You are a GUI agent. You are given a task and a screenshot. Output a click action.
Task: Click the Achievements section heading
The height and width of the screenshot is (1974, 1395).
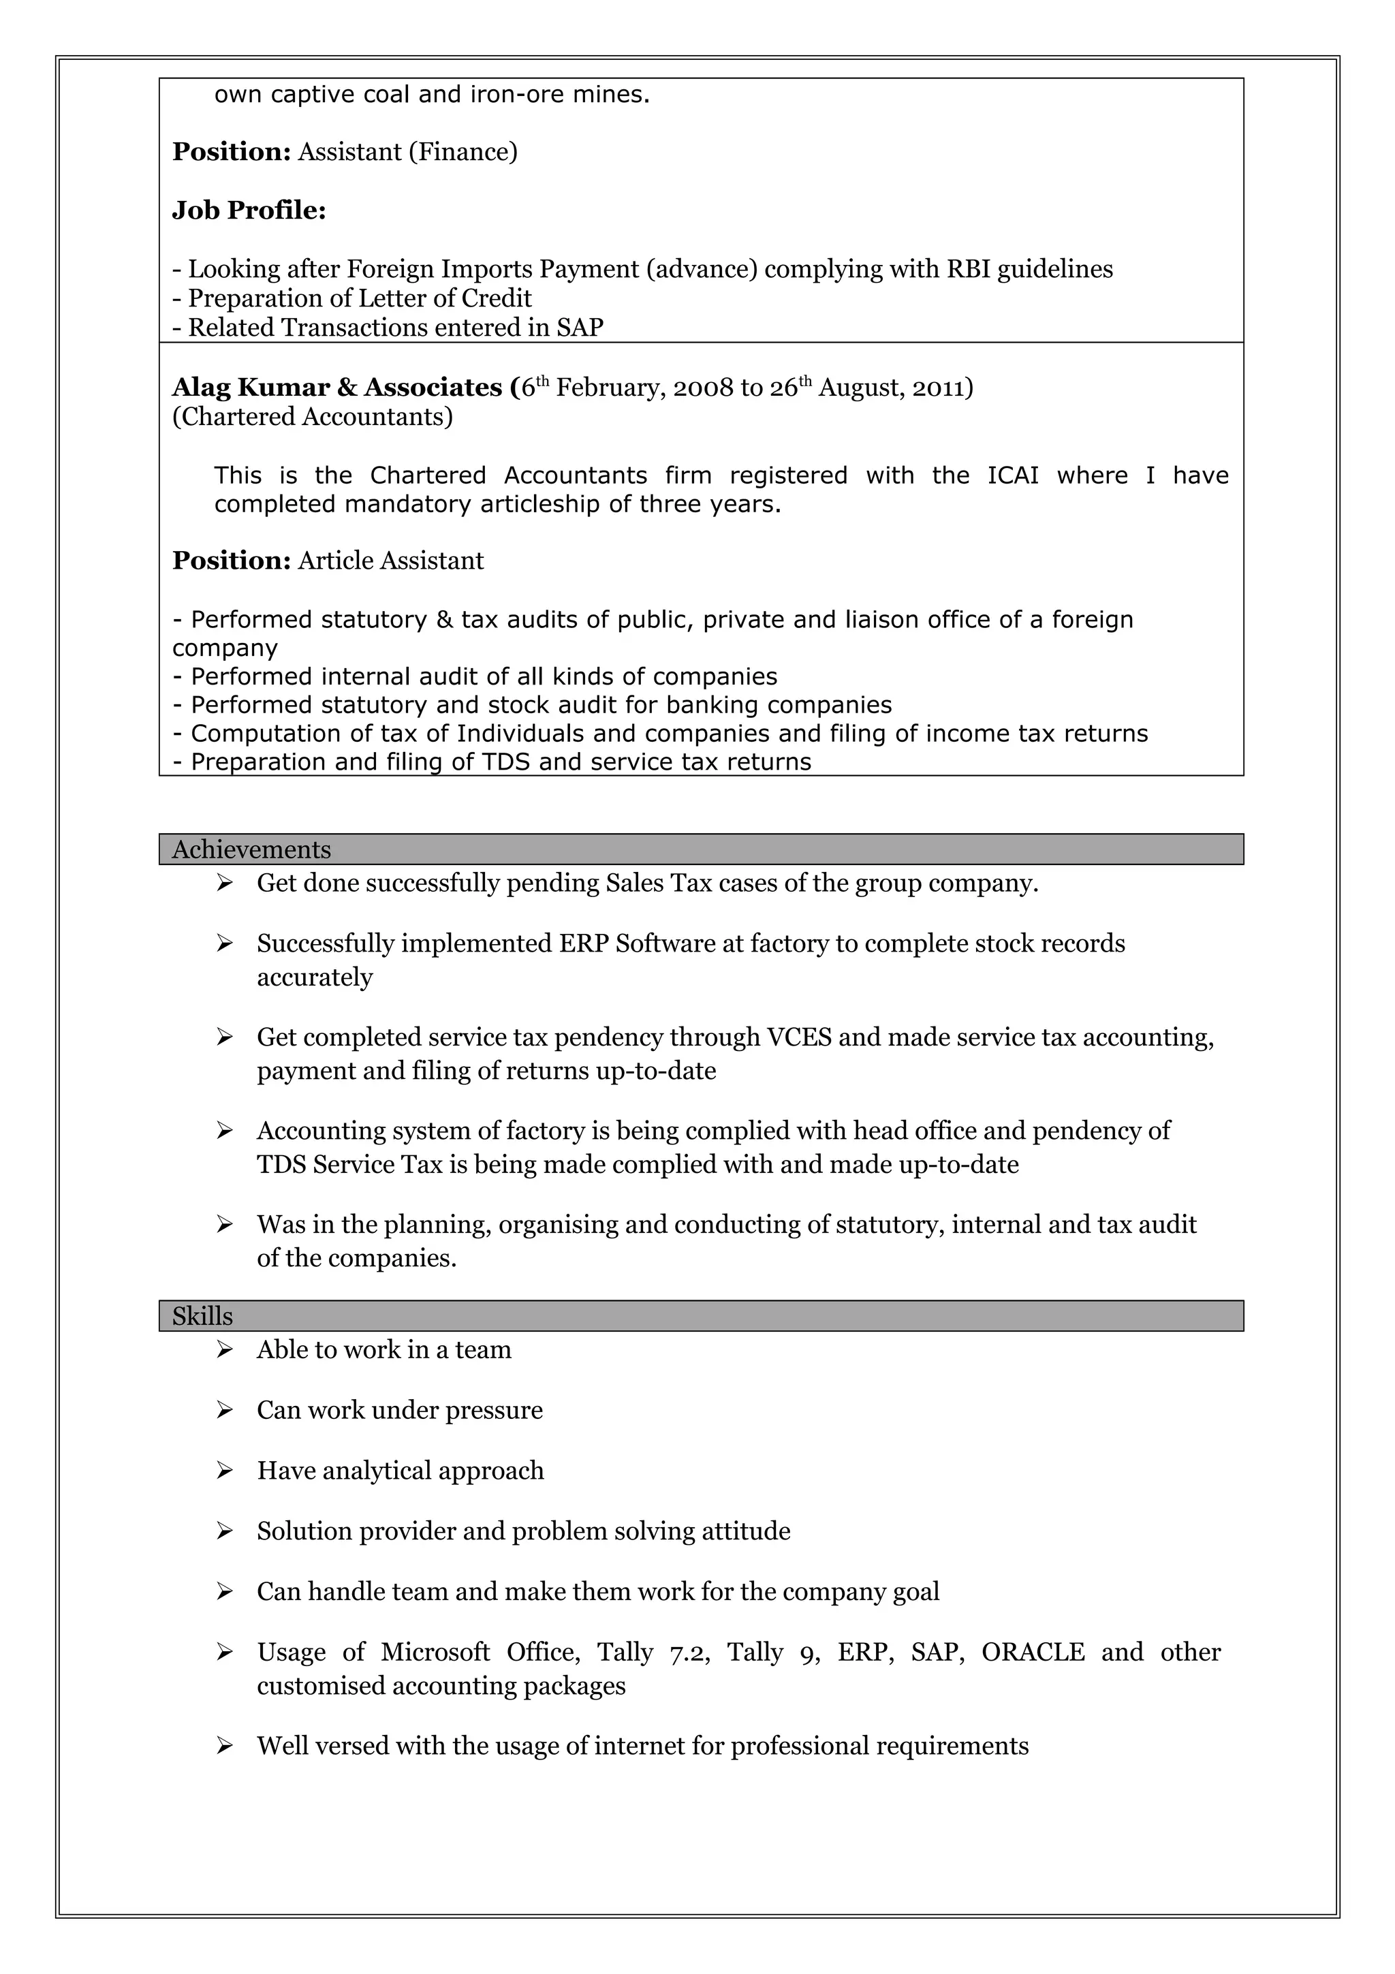(x=251, y=849)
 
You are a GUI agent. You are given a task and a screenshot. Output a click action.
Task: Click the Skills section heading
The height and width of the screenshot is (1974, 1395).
(x=202, y=1316)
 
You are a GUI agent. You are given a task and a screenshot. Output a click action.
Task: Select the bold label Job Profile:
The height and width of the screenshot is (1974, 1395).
(x=249, y=210)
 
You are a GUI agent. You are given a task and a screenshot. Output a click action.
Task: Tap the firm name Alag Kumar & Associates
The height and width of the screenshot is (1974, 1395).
(x=338, y=388)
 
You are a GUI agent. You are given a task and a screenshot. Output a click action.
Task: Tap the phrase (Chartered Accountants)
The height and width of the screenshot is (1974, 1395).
(x=312, y=417)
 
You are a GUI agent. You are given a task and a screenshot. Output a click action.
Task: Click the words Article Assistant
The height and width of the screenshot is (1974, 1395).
(x=390, y=561)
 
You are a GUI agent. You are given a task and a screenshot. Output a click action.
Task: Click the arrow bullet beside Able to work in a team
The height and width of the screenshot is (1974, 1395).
(x=224, y=1350)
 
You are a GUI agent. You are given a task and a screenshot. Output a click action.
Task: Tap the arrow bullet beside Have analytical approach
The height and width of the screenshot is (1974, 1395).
(x=224, y=1471)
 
